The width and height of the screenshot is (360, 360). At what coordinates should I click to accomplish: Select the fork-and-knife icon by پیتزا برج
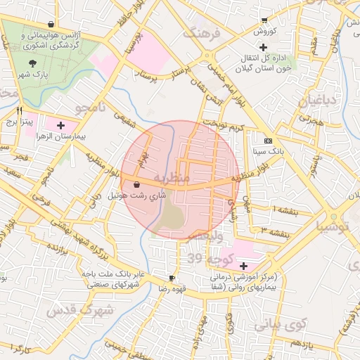point(19,110)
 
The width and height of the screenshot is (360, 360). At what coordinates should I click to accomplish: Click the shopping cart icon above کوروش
point(264,20)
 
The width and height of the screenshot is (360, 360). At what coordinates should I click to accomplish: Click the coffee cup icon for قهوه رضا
point(172,278)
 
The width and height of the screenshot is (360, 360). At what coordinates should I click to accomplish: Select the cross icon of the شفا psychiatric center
point(243,266)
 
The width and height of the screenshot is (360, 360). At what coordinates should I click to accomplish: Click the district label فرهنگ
point(202,33)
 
